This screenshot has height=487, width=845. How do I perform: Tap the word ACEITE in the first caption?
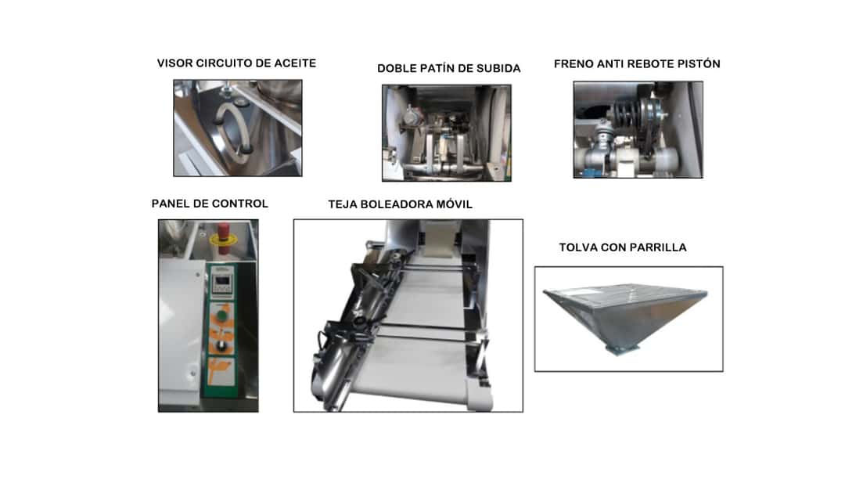295,63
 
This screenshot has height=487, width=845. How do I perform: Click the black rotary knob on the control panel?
221,346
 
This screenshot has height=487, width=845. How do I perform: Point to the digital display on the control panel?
222,280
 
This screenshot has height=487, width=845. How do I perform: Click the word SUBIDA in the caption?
501,68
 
